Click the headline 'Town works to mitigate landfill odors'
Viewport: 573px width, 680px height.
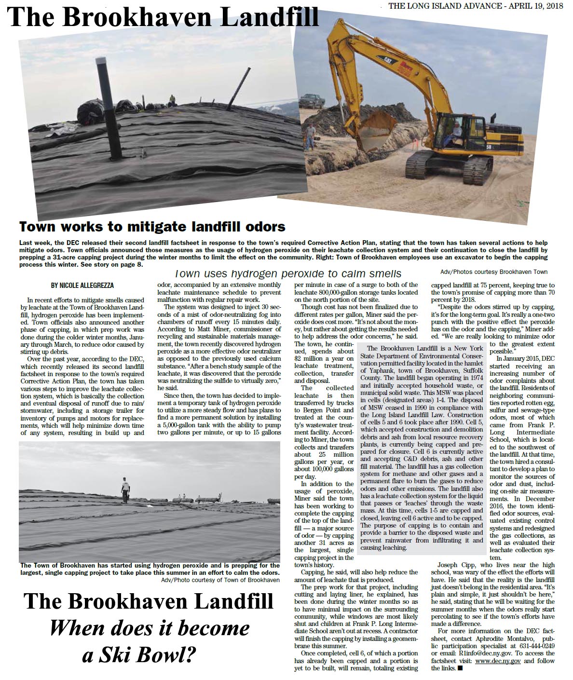pyautogui.click(x=152, y=227)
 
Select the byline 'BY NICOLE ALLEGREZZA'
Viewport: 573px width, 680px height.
pyautogui.click(x=82, y=286)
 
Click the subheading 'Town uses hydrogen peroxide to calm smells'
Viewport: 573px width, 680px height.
pyautogui.click(x=288, y=273)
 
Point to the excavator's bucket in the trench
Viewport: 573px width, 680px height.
pyautogui.click(x=374, y=136)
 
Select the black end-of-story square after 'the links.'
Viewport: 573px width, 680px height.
pyautogui.click(x=460, y=668)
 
